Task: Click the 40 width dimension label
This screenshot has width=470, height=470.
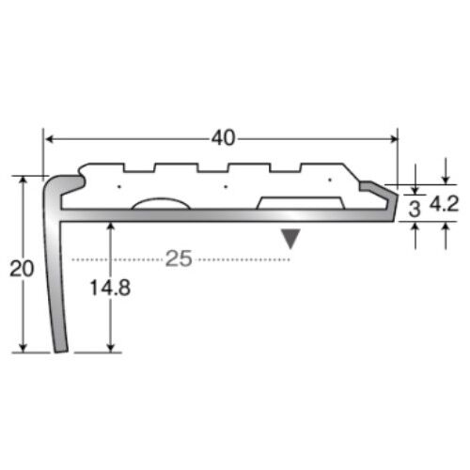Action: coord(223,138)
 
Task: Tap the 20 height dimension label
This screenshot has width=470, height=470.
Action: coord(22,269)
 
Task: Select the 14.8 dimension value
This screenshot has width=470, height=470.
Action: coord(110,288)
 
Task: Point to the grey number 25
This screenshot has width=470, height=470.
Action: coord(179,258)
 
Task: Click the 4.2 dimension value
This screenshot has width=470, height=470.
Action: coord(444,204)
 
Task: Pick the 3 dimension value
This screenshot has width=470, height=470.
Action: coord(415,209)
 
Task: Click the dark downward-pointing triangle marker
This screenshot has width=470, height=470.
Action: coord(290,239)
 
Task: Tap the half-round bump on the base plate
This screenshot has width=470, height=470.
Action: coord(161,204)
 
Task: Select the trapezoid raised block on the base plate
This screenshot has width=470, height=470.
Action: coord(301,203)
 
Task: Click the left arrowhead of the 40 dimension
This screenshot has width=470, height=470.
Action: coord(50,139)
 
